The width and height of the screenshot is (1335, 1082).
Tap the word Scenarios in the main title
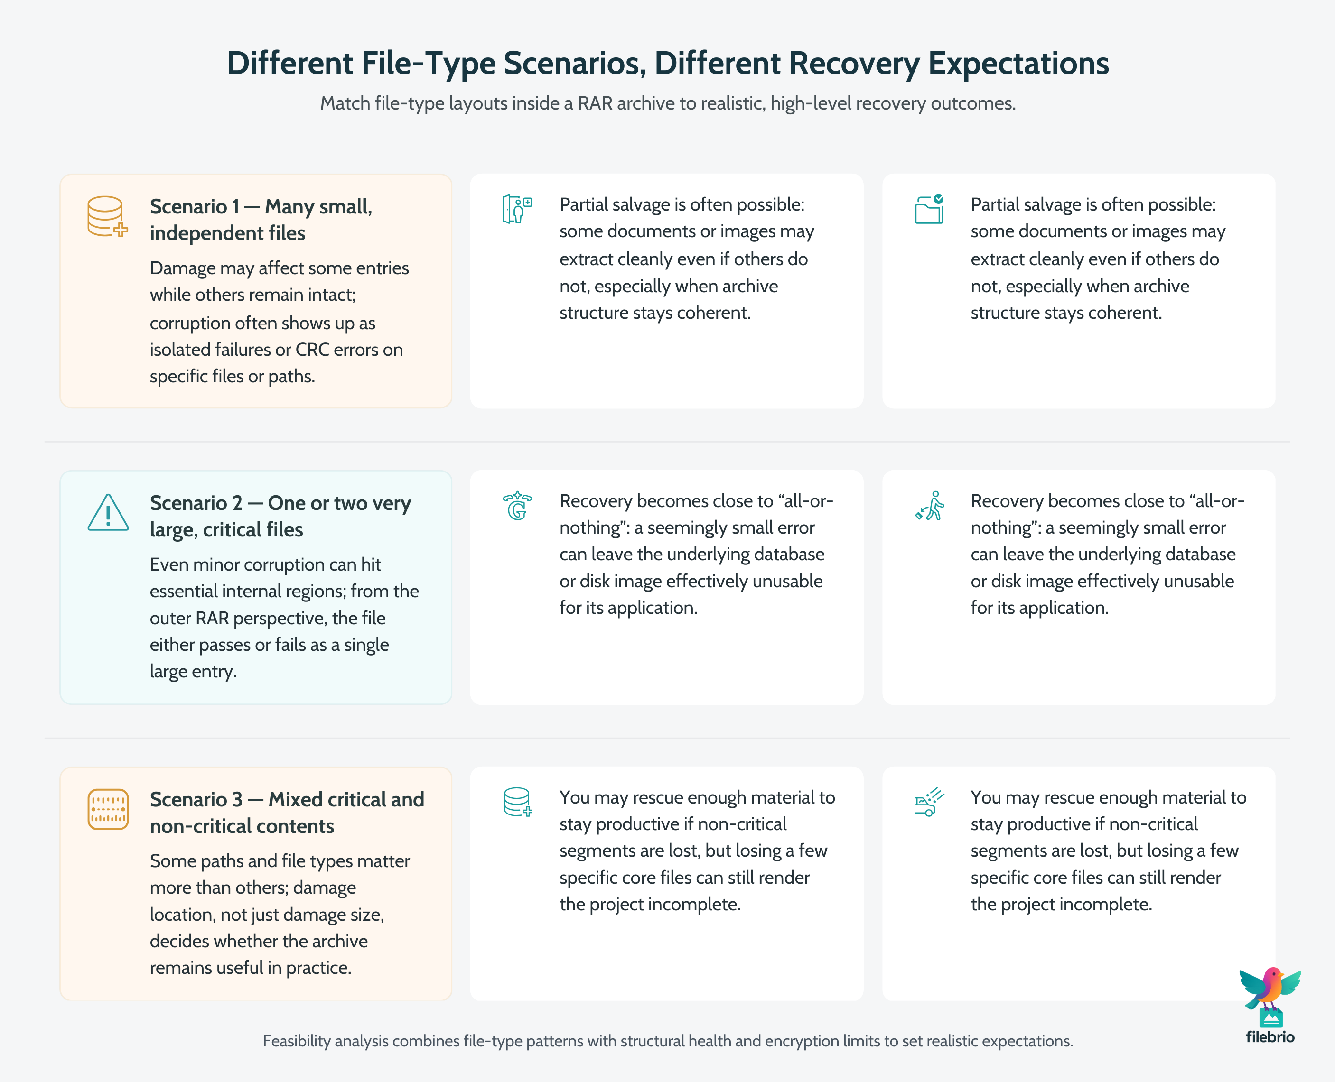pos(574,64)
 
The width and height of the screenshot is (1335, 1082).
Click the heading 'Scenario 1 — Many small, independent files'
pos(261,220)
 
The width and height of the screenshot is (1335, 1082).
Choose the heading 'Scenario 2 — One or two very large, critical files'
pos(280,516)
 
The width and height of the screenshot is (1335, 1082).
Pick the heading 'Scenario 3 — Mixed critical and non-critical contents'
pos(286,812)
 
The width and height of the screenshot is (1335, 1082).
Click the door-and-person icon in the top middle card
pos(517,209)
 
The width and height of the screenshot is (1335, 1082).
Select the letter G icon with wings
pos(517,506)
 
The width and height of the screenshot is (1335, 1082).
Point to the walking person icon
pos(930,506)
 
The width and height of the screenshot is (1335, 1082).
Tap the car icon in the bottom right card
pos(928,803)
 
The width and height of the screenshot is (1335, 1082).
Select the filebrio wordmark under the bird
pos(1270,1036)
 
